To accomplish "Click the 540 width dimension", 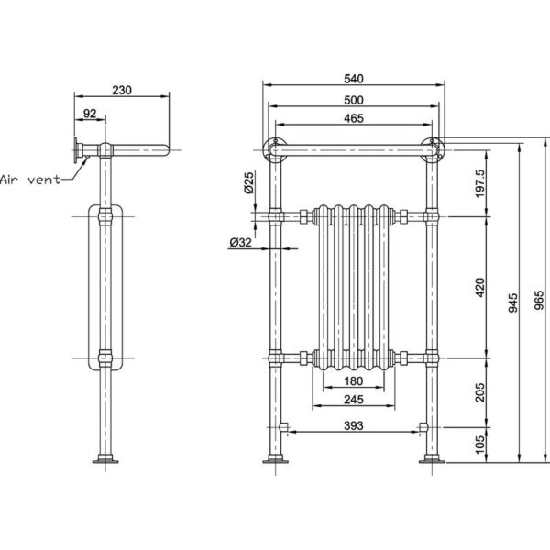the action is pyautogui.click(x=354, y=79).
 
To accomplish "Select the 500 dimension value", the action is pyautogui.click(x=354, y=100).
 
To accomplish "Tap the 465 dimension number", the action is pyautogui.click(x=354, y=118).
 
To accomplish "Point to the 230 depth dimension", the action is pyautogui.click(x=122, y=91).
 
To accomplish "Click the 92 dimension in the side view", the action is pyautogui.click(x=90, y=114).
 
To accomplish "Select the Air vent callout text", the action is pyautogui.click(x=30, y=180).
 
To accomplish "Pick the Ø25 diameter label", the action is pyautogui.click(x=248, y=182).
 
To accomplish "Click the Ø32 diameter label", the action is pyautogui.click(x=240, y=242).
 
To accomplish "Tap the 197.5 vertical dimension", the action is pyautogui.click(x=479, y=183).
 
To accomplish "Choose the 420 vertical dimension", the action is pyautogui.click(x=479, y=287).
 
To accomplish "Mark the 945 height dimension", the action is pyautogui.click(x=512, y=303).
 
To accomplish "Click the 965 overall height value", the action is pyautogui.click(x=540, y=301).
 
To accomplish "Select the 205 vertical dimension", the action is pyautogui.click(x=479, y=392).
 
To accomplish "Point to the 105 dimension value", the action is pyautogui.click(x=479, y=445).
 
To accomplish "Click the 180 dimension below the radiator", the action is pyautogui.click(x=354, y=381).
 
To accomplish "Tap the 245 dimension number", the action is pyautogui.click(x=354, y=400).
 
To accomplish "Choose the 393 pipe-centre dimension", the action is pyautogui.click(x=354, y=426).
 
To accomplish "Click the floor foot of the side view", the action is pyautogui.click(x=105, y=459).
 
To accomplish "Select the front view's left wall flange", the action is pyautogui.click(x=275, y=150).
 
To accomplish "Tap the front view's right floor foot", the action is pyautogui.click(x=432, y=459).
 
